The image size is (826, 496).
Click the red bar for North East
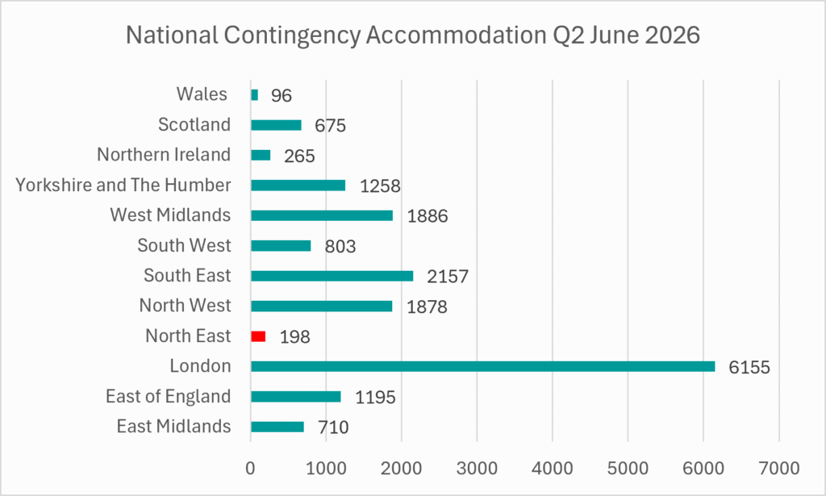258,336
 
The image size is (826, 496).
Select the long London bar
483,366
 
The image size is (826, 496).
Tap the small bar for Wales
254,95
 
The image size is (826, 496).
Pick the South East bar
332,276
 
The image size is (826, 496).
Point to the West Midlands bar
322,215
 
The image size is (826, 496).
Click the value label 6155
749,367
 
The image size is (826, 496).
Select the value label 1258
380,185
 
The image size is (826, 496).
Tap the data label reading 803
340,247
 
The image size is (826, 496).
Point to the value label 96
282,95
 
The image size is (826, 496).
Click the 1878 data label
427,306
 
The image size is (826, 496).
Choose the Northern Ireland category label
164,154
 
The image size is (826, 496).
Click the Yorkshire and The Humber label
123,185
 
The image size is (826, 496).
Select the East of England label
169,396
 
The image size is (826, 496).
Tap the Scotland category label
194,124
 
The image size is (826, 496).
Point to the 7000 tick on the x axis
779,468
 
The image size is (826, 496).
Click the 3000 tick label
477,468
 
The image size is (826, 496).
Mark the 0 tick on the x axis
250,468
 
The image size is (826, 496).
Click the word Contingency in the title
292,35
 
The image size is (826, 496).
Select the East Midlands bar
277,427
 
